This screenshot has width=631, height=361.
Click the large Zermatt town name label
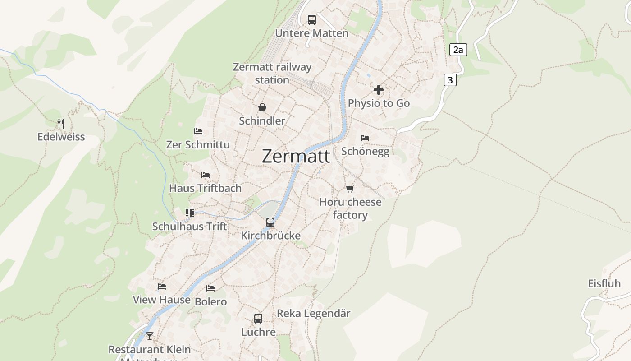[296, 157]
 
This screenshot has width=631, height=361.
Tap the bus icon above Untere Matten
[311, 19]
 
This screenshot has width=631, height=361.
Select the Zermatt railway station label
[272, 74]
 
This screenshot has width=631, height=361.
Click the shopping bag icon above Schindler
[262, 107]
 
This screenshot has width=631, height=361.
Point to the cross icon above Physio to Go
[379, 90]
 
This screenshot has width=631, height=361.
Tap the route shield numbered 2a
[458, 50]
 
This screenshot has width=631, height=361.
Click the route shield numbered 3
[450, 80]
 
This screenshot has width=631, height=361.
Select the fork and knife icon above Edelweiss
[61, 123]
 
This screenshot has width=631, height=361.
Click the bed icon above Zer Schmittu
[198, 131]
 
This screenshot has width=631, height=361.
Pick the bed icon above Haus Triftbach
[206, 175]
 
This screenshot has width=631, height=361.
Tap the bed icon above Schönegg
[365, 138]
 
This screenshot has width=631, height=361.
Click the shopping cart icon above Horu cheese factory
[350, 189]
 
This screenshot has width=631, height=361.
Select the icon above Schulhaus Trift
[190, 213]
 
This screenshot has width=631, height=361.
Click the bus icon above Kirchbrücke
[270, 222]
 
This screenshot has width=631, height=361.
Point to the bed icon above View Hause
[162, 287]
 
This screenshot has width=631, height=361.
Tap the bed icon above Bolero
[210, 288]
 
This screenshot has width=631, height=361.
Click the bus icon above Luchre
[258, 319]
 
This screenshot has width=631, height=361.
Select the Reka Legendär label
[313, 313]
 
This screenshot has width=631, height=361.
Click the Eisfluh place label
[604, 283]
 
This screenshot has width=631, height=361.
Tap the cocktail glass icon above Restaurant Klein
[149, 336]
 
